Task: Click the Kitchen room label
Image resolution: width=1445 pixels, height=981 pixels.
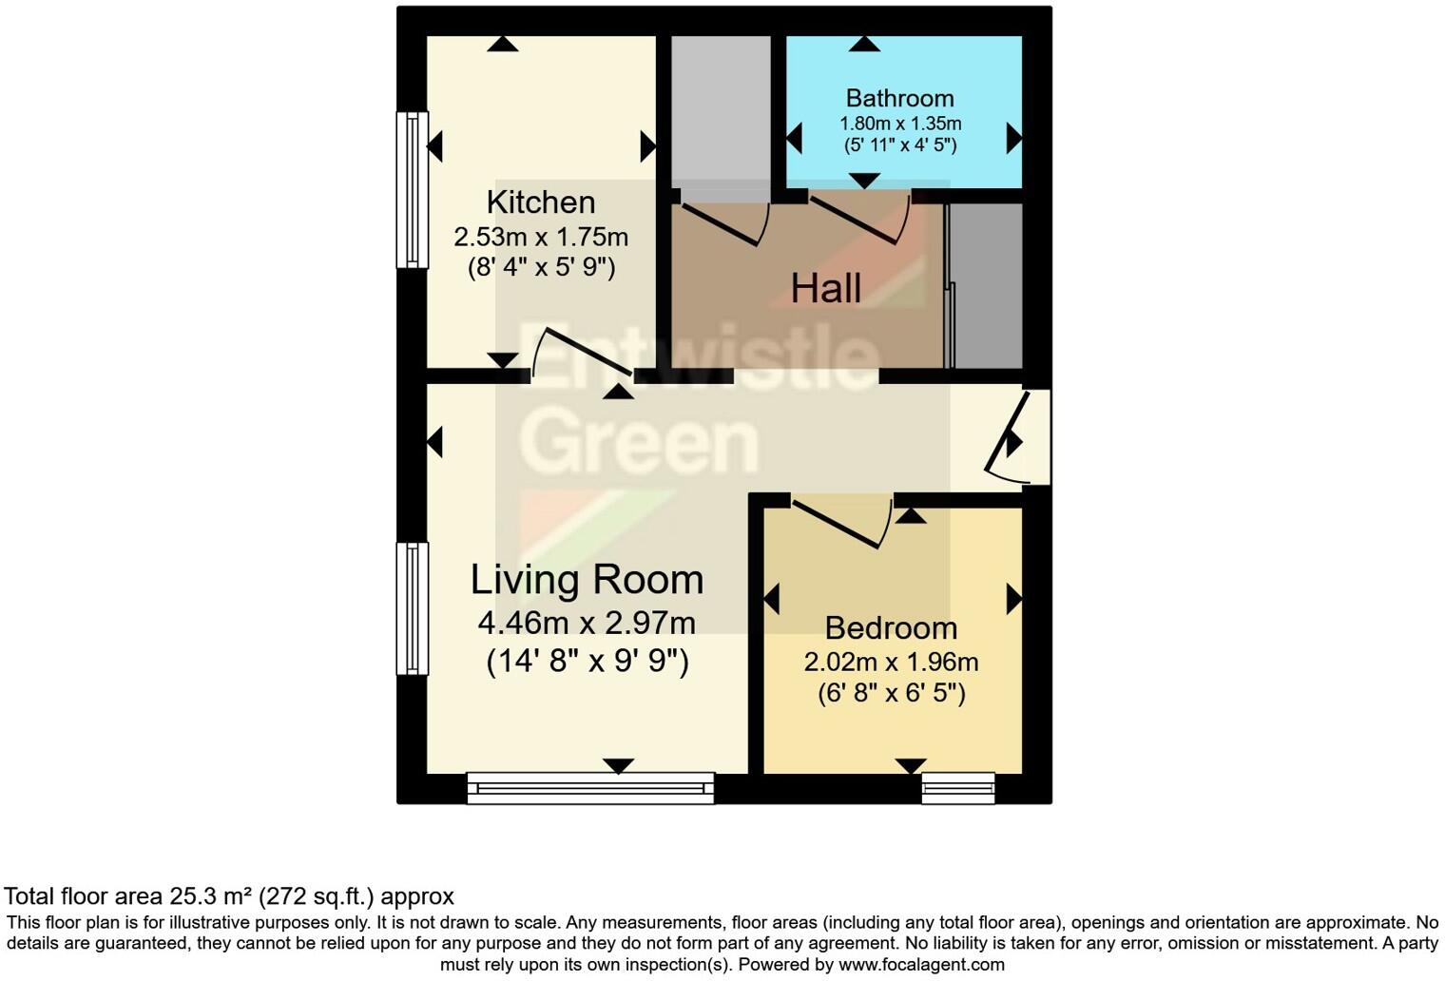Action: pyautogui.click(x=540, y=202)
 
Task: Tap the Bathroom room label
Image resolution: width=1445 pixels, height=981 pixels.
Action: pyautogui.click(x=899, y=98)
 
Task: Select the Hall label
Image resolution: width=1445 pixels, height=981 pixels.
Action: pyautogui.click(x=825, y=288)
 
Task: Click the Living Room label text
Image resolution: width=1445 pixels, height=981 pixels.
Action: pyautogui.click(x=587, y=580)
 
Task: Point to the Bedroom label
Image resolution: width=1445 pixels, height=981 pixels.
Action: pyautogui.click(x=891, y=628)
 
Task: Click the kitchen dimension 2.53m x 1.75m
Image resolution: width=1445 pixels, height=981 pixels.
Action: pyautogui.click(x=540, y=237)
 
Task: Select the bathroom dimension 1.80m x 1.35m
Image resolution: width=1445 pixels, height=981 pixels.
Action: pyautogui.click(x=899, y=124)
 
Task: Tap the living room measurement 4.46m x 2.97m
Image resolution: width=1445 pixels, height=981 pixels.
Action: pyautogui.click(x=587, y=624)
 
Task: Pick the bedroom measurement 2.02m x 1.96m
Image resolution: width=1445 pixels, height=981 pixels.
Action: pyautogui.click(x=891, y=662)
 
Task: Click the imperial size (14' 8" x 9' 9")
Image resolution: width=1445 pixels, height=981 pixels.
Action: pyautogui.click(x=587, y=660)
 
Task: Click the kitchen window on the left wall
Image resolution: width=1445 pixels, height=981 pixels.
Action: pyautogui.click(x=412, y=189)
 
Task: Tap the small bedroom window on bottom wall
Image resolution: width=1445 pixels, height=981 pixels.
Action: pyautogui.click(x=957, y=787)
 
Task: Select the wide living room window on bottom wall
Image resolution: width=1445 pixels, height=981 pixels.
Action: pyautogui.click(x=590, y=787)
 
